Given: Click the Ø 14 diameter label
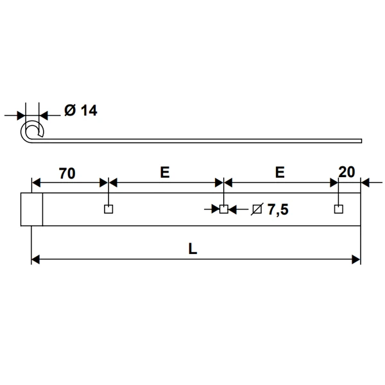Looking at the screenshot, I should point(81,111).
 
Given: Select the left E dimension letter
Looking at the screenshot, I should point(164,173).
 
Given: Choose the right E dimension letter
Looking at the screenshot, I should point(279,173).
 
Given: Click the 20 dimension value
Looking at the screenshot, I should point(346,172).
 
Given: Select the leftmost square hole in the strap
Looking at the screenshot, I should point(108,209).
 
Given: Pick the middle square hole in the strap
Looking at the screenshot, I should point(223,209).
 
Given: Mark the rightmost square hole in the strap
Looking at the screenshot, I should point(338,209).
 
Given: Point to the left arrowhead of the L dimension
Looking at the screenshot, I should point(36,259).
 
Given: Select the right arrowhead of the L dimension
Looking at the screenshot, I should point(356,259).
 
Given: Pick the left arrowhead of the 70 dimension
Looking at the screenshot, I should point(36,182).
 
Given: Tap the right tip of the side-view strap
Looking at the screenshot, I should point(361,141).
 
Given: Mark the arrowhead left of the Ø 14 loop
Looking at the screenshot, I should point(20,116).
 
